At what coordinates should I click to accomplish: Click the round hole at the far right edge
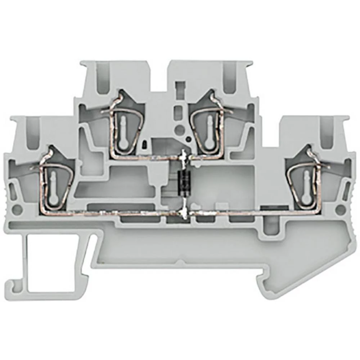pyautogui.click(x=340, y=210)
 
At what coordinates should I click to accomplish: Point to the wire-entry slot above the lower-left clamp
pyautogui.click(x=33, y=131)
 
